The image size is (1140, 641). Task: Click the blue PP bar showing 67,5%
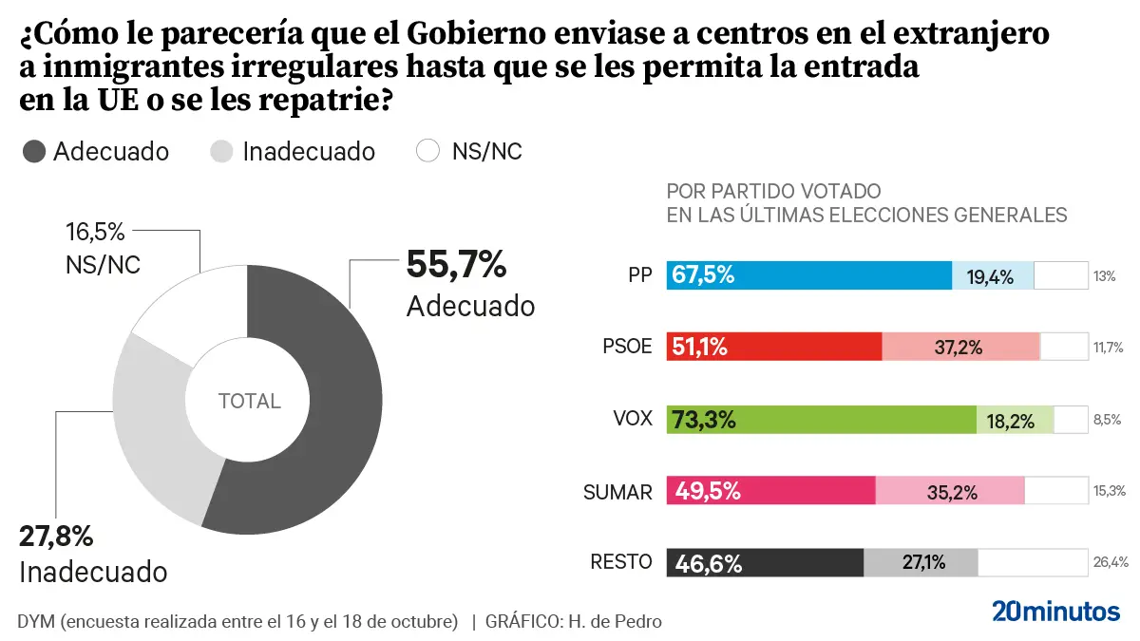point(808,275)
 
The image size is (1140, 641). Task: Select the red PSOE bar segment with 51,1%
point(774,347)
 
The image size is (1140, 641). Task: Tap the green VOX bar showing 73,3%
point(822,419)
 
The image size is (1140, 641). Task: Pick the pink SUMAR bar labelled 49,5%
point(770,491)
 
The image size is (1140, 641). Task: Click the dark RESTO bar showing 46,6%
point(765,562)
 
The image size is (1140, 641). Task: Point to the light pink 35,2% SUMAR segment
point(950,491)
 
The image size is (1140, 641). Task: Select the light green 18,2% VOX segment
point(1016,419)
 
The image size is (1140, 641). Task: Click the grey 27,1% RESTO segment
point(921,562)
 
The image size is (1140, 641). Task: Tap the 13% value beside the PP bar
point(1104,276)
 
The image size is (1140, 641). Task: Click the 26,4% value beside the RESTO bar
point(1111,562)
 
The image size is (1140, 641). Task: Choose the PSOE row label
point(628,347)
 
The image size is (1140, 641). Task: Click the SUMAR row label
point(617,491)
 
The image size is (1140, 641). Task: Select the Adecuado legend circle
point(33,151)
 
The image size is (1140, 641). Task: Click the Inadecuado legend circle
point(221,151)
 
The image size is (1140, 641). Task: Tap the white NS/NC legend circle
point(429,151)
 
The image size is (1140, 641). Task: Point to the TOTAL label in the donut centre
point(249,401)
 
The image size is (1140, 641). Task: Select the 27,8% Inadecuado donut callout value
point(56,537)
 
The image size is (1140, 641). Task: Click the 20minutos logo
point(1055,611)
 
